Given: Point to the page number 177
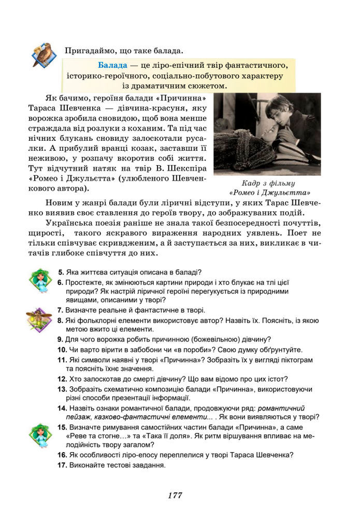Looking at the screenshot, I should click(x=175, y=495).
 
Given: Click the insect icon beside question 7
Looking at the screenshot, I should click(x=39, y=318).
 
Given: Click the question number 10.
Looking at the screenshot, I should click(x=61, y=350).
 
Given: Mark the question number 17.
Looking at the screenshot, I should click(x=61, y=465).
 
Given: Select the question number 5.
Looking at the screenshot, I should click(x=61, y=272).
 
